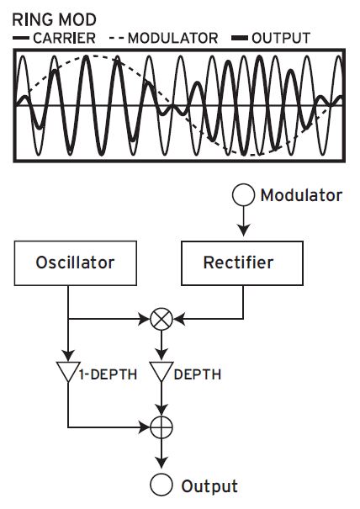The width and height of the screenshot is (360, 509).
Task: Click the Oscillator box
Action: [x=76, y=263]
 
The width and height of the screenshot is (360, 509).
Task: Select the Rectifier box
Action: [x=238, y=263]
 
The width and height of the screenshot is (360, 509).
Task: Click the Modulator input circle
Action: [x=243, y=196]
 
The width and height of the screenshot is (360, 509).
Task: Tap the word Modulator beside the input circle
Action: [x=301, y=196]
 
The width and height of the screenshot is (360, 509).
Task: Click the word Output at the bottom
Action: [x=209, y=486]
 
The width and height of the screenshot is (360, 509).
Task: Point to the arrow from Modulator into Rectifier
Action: [x=243, y=224]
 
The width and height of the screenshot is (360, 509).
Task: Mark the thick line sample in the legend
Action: [x=239, y=38]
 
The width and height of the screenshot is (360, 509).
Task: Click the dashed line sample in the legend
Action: [x=115, y=38]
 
